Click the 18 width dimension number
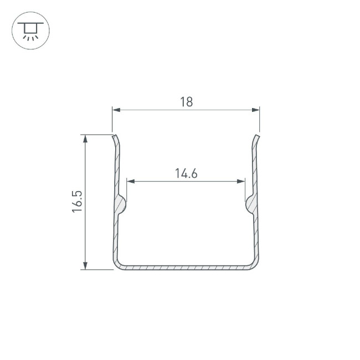186,102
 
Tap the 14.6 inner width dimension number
186,173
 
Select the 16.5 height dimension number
77,202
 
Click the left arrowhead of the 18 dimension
116,110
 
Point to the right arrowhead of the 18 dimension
255,110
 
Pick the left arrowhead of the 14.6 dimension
131,181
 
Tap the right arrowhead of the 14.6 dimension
241,181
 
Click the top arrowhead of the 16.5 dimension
85,139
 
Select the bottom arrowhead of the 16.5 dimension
85,265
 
